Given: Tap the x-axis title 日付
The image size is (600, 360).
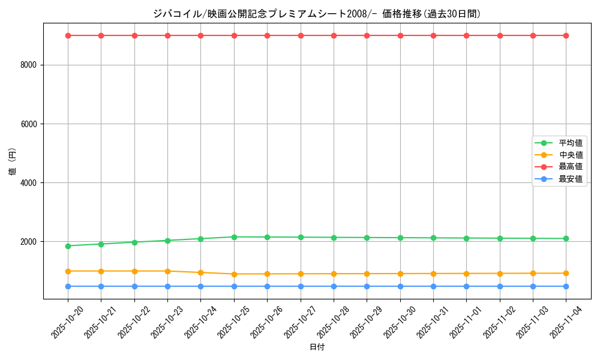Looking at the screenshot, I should coord(317,347).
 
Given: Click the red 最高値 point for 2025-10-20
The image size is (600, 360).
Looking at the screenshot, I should coord(68,35).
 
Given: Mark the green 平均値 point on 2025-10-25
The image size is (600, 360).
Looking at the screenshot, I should coord(234,237).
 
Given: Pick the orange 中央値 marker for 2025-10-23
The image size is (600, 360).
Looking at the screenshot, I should coord(167,271).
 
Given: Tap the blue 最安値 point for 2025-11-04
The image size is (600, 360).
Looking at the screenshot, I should coord(566,286).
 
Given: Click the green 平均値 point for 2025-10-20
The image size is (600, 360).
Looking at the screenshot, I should coord(68,246).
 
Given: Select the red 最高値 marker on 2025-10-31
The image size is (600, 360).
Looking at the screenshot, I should coord(433,35).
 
